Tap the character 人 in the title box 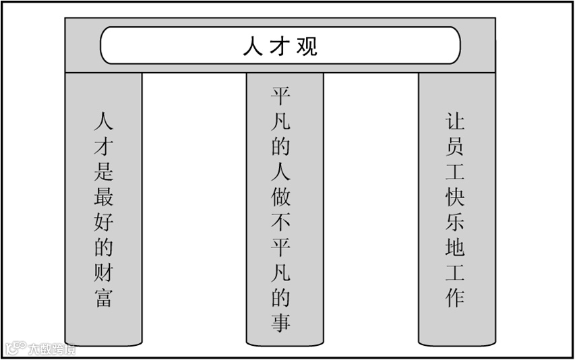[x=252, y=47]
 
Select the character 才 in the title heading [x=280, y=47]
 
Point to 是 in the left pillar [x=103, y=171]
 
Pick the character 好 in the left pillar [x=103, y=222]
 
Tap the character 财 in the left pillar [x=103, y=272]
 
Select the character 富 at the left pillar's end [x=103, y=297]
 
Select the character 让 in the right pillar [x=455, y=121]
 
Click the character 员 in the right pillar [x=455, y=146]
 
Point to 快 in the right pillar [x=455, y=197]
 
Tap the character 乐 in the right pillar [x=455, y=222]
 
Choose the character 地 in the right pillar [x=455, y=247]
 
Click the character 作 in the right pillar [x=455, y=297]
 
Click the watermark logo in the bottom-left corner [x=15, y=349]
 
